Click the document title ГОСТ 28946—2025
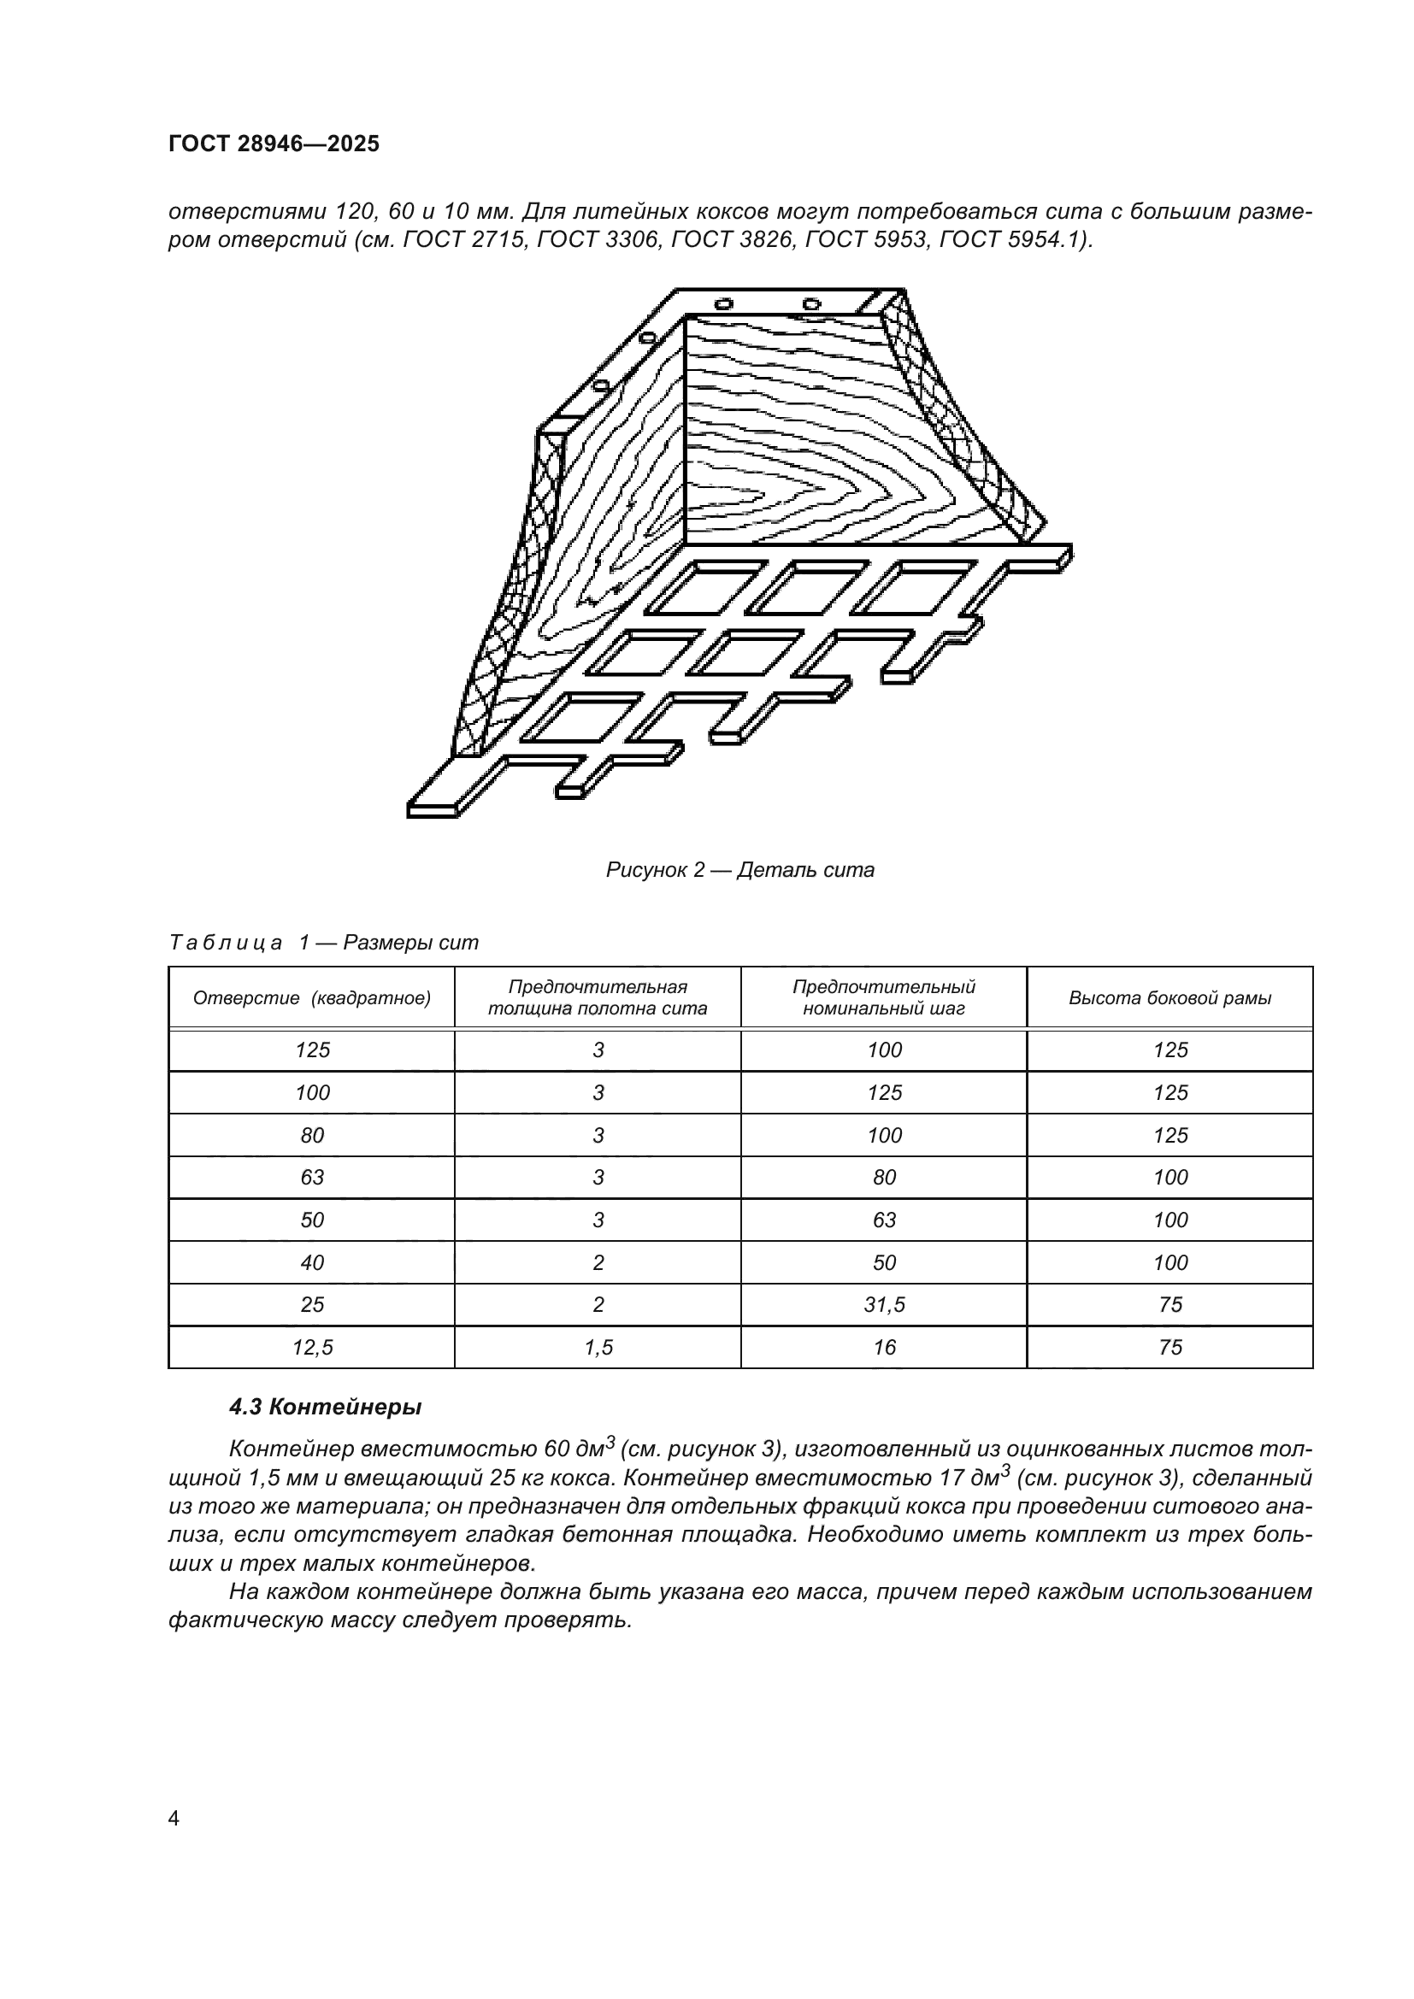[x=274, y=144]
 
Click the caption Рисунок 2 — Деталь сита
[x=739, y=870]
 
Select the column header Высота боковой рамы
[x=1169, y=997]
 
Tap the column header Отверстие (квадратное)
[x=312, y=997]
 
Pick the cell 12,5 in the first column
[x=312, y=1348]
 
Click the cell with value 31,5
[x=884, y=1304]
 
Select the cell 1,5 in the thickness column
[x=598, y=1348]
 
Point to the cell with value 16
[x=884, y=1348]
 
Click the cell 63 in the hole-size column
[x=312, y=1177]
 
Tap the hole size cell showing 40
[x=312, y=1262]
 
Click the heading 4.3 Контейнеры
[x=325, y=1407]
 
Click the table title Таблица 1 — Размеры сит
[x=323, y=943]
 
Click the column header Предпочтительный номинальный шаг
[x=884, y=997]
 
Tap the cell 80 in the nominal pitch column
[x=884, y=1177]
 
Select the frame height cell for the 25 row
[x=1169, y=1304]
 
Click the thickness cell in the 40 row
[x=598, y=1262]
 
